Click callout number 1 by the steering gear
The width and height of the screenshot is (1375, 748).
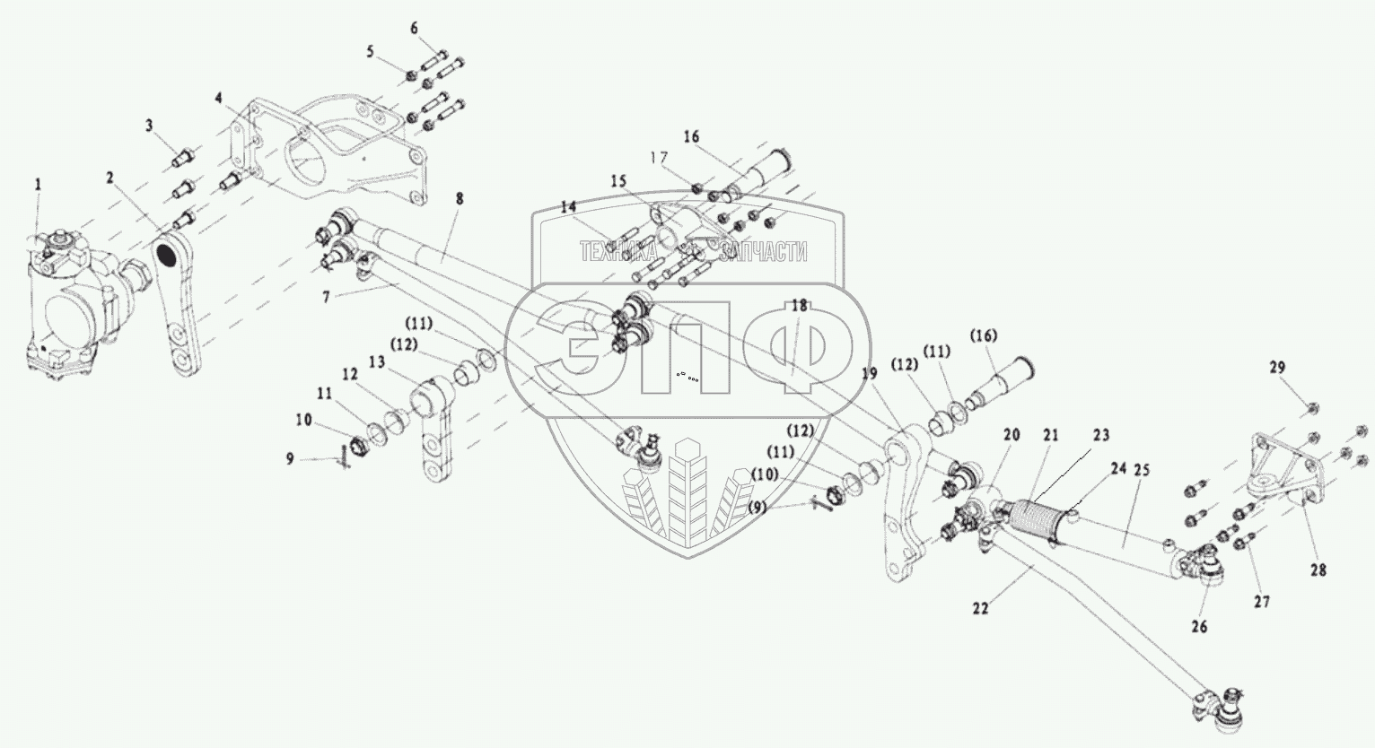pos(38,184)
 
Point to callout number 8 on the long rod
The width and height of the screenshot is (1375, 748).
pos(459,198)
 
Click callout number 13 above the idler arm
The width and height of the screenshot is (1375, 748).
pos(373,361)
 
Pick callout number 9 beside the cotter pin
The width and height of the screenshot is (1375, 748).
pos(290,458)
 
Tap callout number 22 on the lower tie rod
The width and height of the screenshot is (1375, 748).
pos(980,608)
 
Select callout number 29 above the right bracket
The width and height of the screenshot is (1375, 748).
pos(1277,368)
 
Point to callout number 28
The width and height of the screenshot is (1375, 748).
pos(1318,570)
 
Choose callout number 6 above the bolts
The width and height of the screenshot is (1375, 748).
pos(414,28)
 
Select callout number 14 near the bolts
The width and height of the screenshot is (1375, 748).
pos(567,206)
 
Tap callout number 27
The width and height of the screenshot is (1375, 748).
pos(1262,603)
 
